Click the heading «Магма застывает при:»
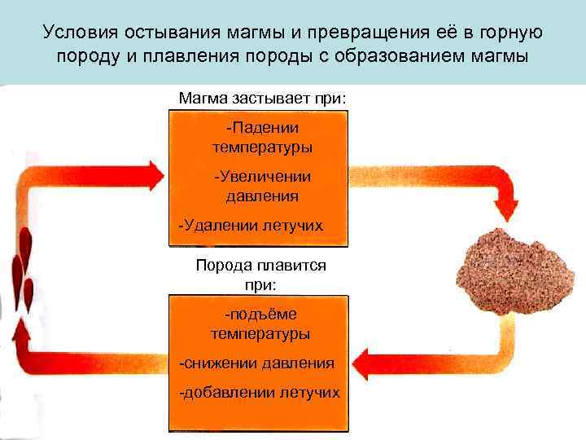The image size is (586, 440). coord(262,98)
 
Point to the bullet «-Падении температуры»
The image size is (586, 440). coord(262,138)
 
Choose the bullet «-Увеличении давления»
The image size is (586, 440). coord(262,187)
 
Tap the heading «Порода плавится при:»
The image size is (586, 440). coord(260,275)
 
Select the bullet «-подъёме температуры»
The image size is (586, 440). coord(260,324)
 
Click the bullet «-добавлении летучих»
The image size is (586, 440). coord(259,393)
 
